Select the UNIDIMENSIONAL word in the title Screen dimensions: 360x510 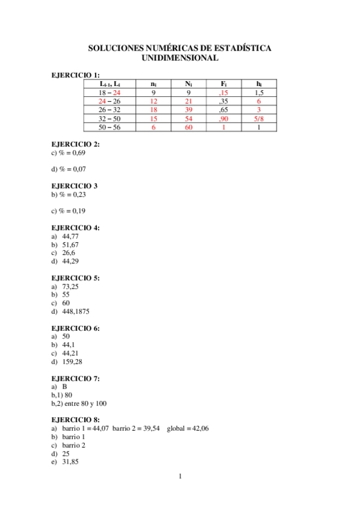[x=180, y=58]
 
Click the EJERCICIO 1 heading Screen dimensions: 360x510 [x=75, y=75]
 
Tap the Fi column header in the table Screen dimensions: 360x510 [x=224, y=84]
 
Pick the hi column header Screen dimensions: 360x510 [x=258, y=84]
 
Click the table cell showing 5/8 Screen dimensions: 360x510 [x=258, y=118]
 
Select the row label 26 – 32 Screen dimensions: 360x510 [x=109, y=110]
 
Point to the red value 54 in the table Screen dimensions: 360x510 [x=189, y=118]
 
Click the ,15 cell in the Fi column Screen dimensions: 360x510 [x=224, y=93]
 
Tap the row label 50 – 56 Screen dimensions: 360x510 [x=109, y=127]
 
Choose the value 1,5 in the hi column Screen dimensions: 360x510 [x=258, y=93]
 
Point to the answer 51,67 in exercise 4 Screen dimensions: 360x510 [x=70, y=245]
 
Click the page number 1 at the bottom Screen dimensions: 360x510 [x=180, y=478]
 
